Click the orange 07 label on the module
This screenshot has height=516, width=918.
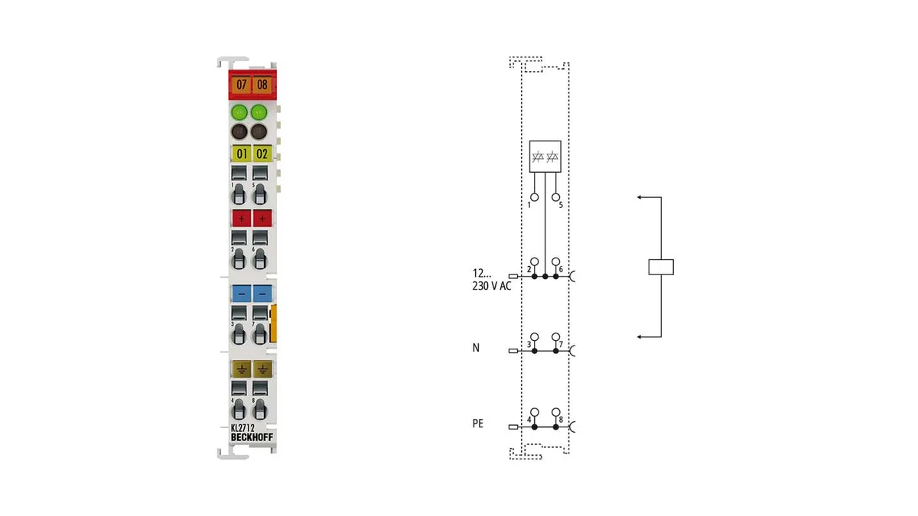pos(241,85)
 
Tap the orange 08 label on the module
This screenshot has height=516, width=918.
pos(262,85)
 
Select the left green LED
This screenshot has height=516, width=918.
pos(239,112)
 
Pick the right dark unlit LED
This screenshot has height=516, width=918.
pos(259,131)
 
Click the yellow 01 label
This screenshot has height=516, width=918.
pos(242,154)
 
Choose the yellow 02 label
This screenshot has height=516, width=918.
pos(262,154)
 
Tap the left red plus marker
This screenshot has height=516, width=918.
pos(242,219)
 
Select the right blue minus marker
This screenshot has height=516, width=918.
pos(262,294)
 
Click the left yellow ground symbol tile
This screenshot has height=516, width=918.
pos(242,369)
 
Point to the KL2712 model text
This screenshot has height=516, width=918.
pos(243,428)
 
